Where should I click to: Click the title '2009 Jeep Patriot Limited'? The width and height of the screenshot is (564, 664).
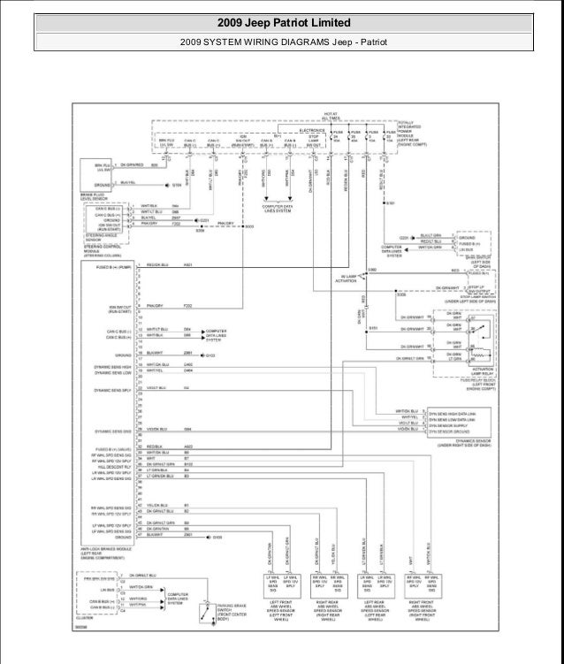(282, 22)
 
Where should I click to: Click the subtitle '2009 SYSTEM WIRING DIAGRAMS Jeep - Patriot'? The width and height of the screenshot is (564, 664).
(282, 42)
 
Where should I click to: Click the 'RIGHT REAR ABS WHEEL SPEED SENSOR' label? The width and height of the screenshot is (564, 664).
(331, 610)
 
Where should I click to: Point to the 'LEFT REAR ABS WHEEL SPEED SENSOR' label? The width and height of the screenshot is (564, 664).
(378, 610)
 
